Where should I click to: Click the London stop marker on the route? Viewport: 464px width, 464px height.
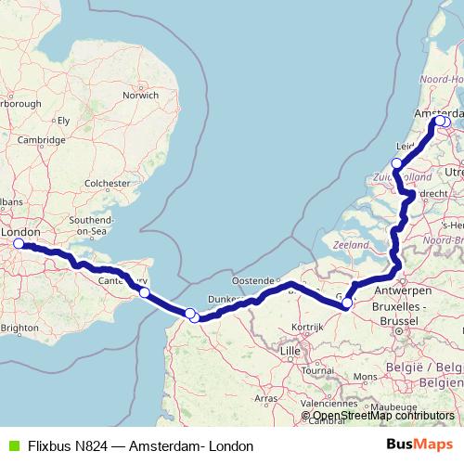(x=18, y=244)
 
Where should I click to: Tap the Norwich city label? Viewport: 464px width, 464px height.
(x=140, y=95)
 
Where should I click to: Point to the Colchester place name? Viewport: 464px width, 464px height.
(x=105, y=184)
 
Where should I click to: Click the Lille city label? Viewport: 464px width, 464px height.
(x=290, y=351)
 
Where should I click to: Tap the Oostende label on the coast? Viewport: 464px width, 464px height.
(x=254, y=280)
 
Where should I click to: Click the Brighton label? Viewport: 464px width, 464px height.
(x=19, y=328)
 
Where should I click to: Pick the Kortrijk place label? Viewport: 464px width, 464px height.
(x=308, y=328)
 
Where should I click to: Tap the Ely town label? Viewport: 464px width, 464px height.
(x=63, y=120)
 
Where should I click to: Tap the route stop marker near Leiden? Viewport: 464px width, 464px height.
(x=397, y=163)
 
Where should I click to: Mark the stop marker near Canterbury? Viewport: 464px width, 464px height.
(x=145, y=292)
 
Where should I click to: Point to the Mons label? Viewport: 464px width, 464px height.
(x=366, y=377)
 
